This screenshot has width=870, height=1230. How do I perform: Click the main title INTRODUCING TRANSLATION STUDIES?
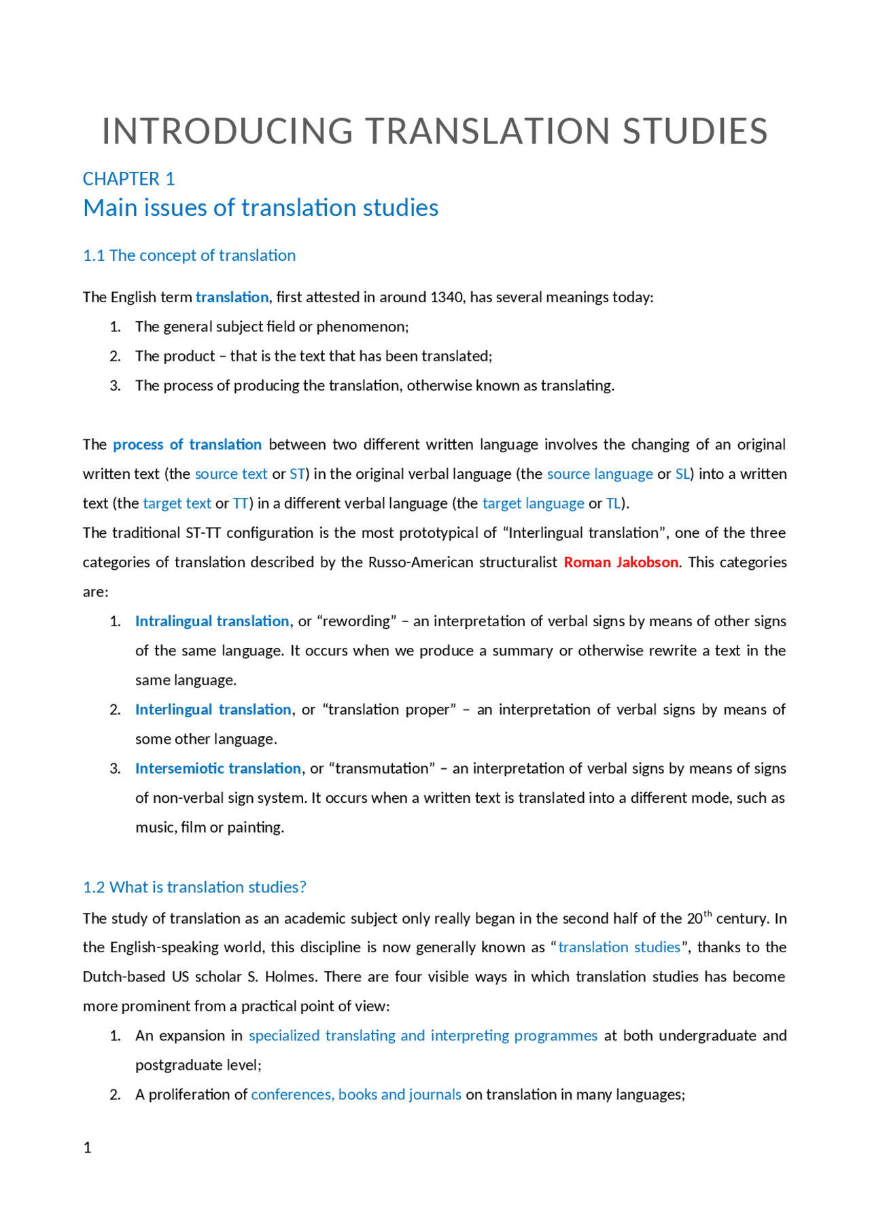[434, 131]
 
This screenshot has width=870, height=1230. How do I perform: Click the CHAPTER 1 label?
[128, 179]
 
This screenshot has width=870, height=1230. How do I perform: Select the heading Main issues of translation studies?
[260, 208]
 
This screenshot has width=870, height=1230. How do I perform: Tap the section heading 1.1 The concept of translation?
[189, 255]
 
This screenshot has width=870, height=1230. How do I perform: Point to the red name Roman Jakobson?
[621, 562]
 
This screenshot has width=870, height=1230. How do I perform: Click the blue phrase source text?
[231, 474]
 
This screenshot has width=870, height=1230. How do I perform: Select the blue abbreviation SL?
[682, 474]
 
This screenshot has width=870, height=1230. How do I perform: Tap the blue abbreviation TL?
[613, 503]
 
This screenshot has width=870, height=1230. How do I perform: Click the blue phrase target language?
[533, 503]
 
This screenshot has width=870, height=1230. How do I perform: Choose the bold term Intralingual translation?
[212, 621]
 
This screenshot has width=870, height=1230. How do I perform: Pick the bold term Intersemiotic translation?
[217, 769]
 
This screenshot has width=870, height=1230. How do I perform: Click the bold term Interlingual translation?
[213, 710]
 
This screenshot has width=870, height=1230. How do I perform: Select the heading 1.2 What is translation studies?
[194, 887]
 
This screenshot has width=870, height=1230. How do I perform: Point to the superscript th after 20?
[708, 914]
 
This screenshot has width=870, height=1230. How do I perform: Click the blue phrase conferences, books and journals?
[356, 1095]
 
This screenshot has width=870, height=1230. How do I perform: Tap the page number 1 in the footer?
[87, 1148]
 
